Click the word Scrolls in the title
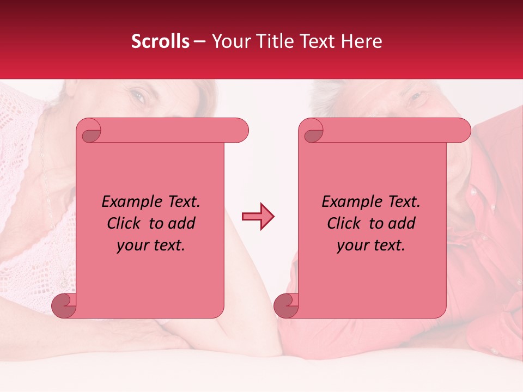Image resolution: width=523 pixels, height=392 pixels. point(160,41)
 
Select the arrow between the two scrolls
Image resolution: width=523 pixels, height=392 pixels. point(258,217)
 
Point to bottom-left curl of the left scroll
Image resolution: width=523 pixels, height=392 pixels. point(63,305)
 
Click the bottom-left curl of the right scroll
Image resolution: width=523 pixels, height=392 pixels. point(285,305)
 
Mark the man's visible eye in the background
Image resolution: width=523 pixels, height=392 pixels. point(416,97)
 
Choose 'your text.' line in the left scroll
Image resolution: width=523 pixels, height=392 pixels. point(151,246)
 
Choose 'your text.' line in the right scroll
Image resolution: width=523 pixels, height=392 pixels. point(371,246)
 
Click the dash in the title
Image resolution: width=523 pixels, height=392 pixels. point(199,41)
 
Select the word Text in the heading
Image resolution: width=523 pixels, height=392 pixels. point(317,41)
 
